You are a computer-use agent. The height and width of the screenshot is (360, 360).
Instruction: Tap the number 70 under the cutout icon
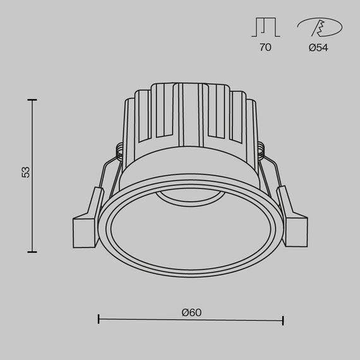[265, 47]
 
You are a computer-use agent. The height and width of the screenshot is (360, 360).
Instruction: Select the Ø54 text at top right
[319, 47]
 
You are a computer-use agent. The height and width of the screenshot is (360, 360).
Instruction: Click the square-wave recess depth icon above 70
[265, 27]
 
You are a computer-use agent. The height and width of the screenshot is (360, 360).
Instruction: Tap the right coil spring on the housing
[262, 151]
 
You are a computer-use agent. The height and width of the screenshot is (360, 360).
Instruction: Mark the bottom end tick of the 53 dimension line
[32, 251]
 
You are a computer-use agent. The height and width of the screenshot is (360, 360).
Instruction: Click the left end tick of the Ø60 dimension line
[99, 319]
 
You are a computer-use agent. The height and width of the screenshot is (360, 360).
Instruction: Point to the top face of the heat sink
[189, 85]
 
